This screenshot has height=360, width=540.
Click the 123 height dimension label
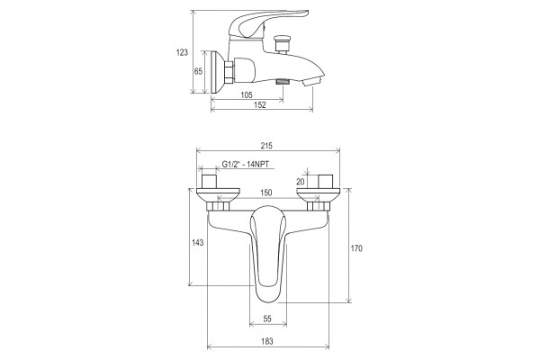[182, 52]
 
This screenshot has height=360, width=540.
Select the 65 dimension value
[198, 72]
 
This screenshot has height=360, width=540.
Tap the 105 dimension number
[247, 94]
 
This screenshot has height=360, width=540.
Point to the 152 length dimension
[260, 104]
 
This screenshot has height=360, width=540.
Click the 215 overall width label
[266, 146]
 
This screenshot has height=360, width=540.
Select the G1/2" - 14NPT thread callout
[245, 165]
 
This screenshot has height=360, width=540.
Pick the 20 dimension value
[301, 182]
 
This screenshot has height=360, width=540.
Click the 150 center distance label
[265, 193]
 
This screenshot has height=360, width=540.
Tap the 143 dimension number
[197, 242]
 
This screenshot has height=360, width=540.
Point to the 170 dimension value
[356, 248]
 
